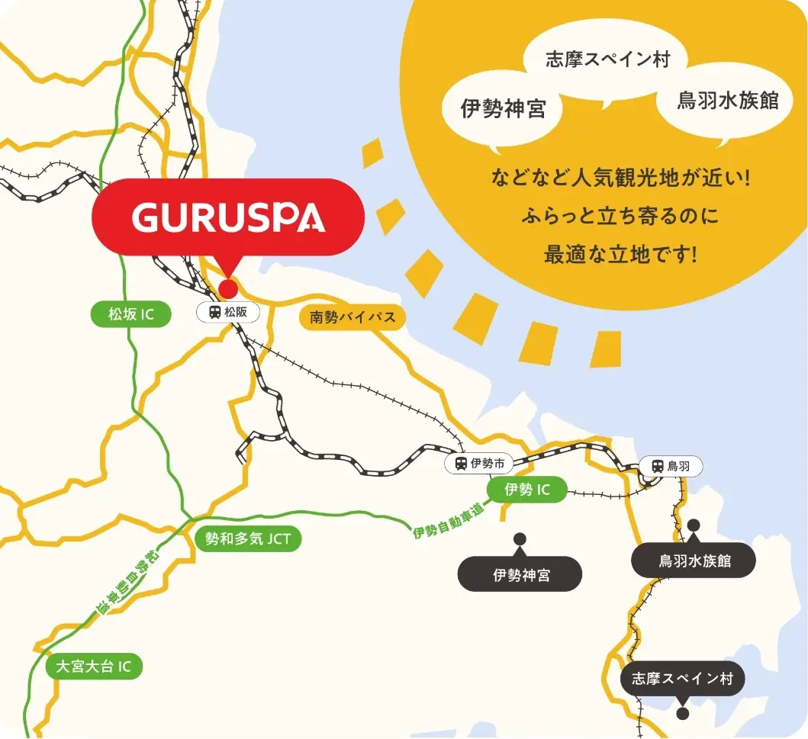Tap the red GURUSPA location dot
tap(228, 288)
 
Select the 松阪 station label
tap(228, 312)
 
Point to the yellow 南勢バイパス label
tap(352, 316)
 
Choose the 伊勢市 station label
tap(479, 463)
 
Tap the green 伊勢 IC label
tap(527, 490)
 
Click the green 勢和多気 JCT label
tap(248, 539)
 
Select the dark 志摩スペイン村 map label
tap(682, 678)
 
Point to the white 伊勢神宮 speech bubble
tap(503, 108)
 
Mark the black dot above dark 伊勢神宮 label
tap(520, 538)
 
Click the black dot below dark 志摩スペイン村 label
tap(683, 714)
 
